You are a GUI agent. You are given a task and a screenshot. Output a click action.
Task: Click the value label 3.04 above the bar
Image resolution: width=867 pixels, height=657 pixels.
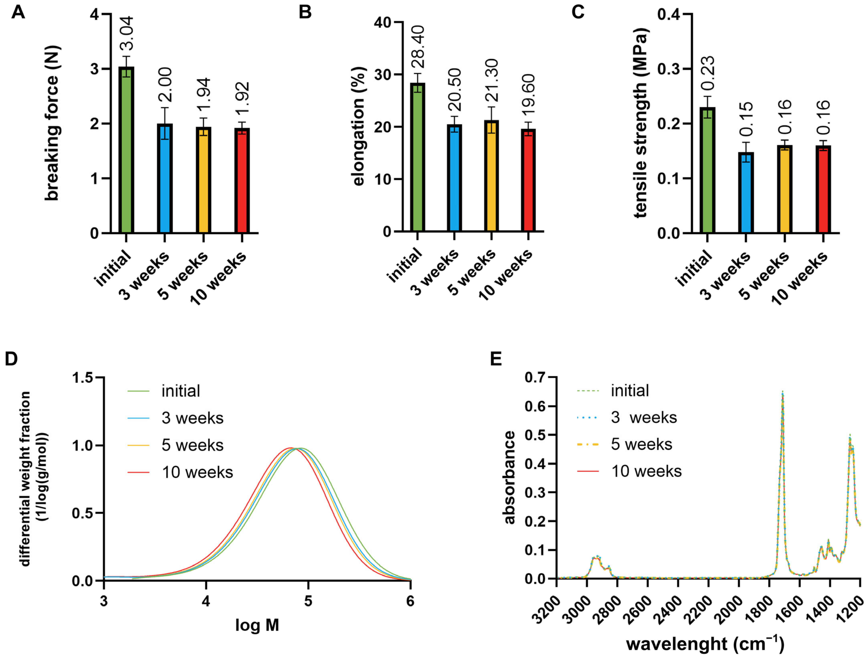127,33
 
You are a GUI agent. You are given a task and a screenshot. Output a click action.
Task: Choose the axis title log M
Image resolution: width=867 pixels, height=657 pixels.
257,625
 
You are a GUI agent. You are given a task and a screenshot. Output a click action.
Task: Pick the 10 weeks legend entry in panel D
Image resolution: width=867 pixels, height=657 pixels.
197,472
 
